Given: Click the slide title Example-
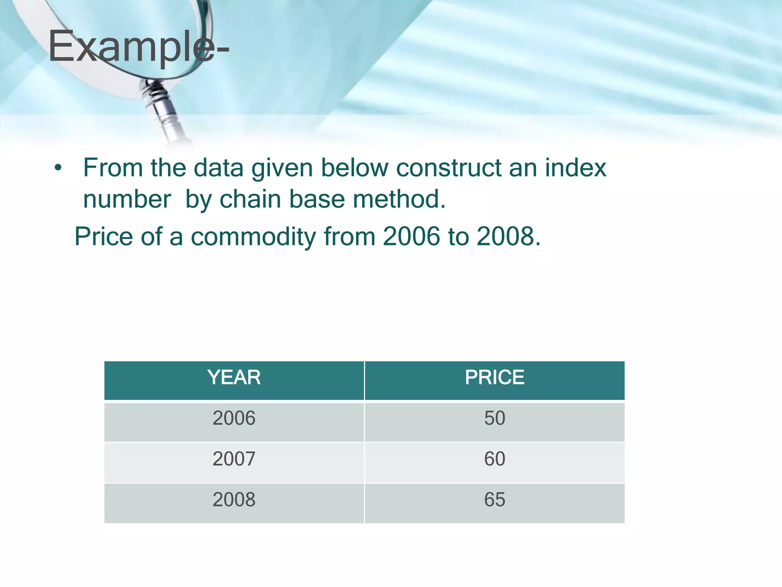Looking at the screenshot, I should [138, 47].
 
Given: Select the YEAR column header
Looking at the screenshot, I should [234, 378].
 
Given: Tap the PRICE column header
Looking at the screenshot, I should [494, 378].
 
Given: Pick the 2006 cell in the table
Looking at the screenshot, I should [234, 418].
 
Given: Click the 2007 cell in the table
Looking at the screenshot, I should [234, 459].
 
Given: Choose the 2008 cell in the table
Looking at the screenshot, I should [234, 499].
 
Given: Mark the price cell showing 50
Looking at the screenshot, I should [494, 418].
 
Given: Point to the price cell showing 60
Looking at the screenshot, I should [494, 459].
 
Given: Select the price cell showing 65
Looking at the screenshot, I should [494, 499].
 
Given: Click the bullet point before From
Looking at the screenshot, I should [58, 168].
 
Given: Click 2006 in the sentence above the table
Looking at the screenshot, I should [411, 236].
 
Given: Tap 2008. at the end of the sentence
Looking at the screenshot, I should [509, 236].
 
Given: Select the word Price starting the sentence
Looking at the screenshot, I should [103, 236].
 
